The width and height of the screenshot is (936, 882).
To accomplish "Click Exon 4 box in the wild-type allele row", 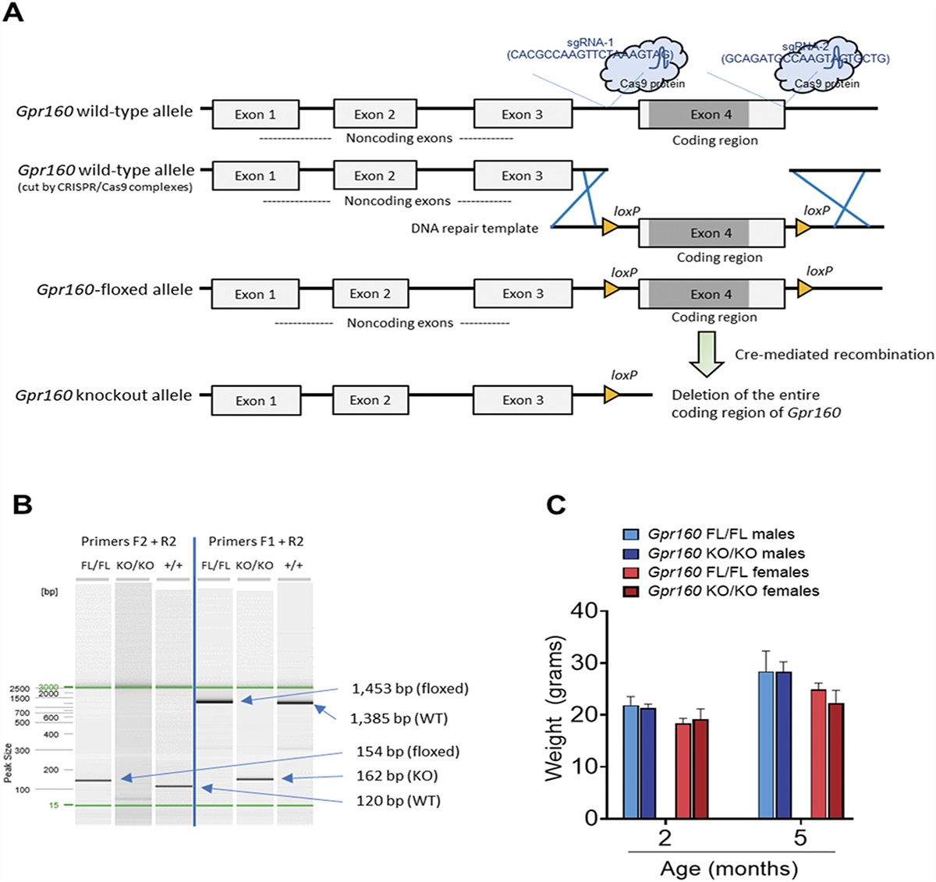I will pos(711,115).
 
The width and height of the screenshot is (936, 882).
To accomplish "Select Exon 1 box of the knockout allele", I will pos(255,400).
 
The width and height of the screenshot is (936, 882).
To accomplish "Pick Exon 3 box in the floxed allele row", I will pos(523,294).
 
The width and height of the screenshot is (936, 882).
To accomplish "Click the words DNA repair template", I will pos(474,228).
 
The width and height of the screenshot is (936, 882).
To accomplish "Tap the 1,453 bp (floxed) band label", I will pos(409,689).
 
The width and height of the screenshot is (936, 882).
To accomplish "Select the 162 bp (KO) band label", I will pos(397,776).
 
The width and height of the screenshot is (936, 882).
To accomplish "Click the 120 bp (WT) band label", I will pos(398,801).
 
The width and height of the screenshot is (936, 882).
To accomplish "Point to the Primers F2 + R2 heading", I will pos(129,541).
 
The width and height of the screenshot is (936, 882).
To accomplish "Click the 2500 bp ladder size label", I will pos(19,689).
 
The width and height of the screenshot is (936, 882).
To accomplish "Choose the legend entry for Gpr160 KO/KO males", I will pos(726,554).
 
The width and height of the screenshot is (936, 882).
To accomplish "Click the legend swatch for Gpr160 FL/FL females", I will pos(631,572).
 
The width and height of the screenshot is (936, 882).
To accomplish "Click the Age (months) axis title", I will pos(729,869).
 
